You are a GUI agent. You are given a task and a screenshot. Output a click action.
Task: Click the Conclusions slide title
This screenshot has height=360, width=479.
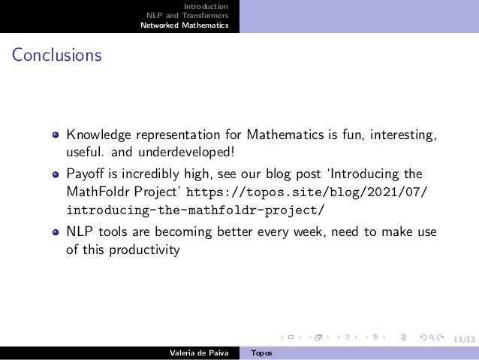[56, 56]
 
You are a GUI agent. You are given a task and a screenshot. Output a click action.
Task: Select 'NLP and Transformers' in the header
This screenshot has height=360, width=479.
[187, 15]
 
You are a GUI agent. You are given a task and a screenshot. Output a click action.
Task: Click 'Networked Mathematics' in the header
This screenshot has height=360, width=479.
[184, 25]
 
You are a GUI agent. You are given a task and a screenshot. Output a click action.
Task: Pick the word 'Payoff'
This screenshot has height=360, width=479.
[85, 172]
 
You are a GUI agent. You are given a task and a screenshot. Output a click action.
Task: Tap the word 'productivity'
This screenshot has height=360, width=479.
[143, 250]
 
